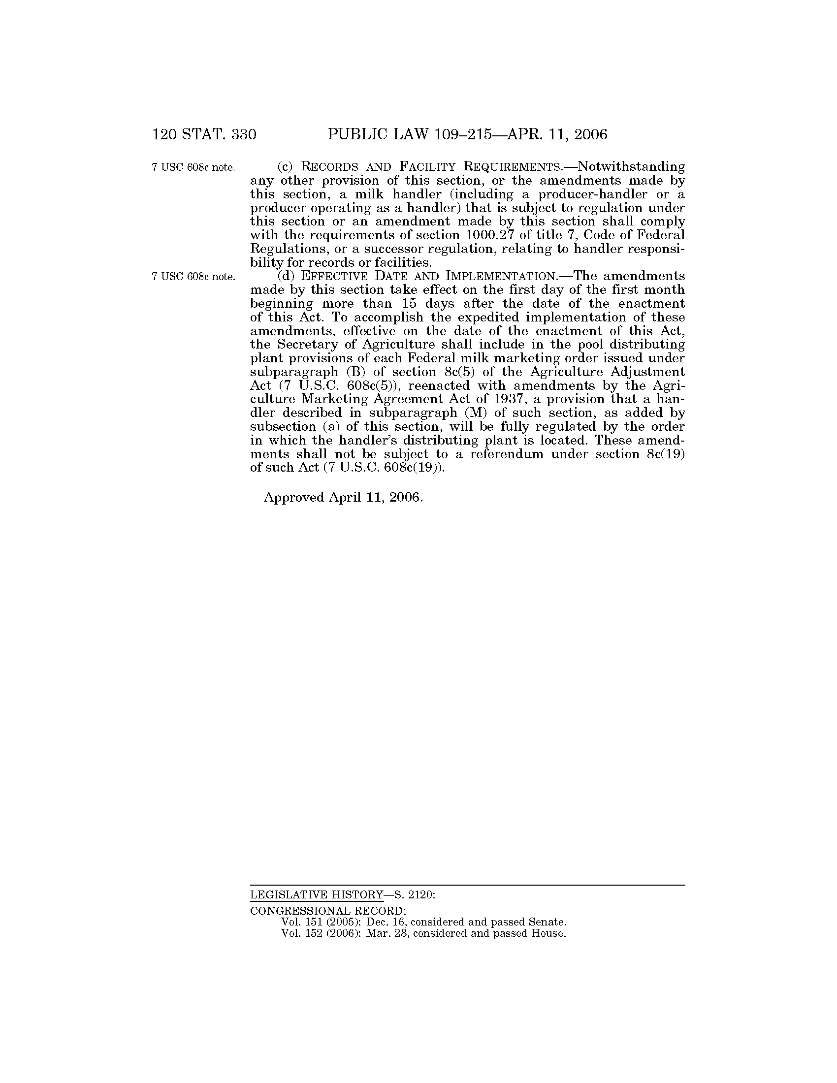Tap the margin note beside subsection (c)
[193, 167]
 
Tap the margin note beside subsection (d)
[193, 277]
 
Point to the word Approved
[294, 497]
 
